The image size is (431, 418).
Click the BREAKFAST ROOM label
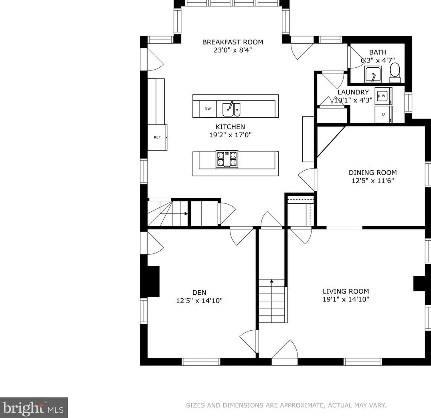pyautogui.click(x=233, y=42)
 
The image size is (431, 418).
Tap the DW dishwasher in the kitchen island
pyautogui.click(x=208, y=109)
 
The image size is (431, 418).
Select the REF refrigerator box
pyautogui.click(x=157, y=137)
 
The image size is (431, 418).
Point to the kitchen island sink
pyautogui.click(x=231, y=109)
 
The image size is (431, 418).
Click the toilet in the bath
pyautogui.click(x=395, y=72)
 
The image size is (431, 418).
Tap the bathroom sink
pyautogui.click(x=373, y=74)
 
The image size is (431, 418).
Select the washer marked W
pyautogui.click(x=384, y=96)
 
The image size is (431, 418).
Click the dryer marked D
pyautogui.click(x=384, y=114)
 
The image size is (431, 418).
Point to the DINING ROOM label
pyautogui.click(x=373, y=173)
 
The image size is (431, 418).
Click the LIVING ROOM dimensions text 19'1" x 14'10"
pyautogui.click(x=346, y=299)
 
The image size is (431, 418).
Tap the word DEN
pyautogui.click(x=199, y=293)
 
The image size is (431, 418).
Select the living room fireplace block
pyautogui.click(x=419, y=283)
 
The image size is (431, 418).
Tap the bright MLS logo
pyautogui.click(x=34, y=408)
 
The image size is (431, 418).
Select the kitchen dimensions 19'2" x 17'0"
pyautogui.click(x=231, y=135)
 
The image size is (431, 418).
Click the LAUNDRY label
pyautogui.click(x=353, y=92)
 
